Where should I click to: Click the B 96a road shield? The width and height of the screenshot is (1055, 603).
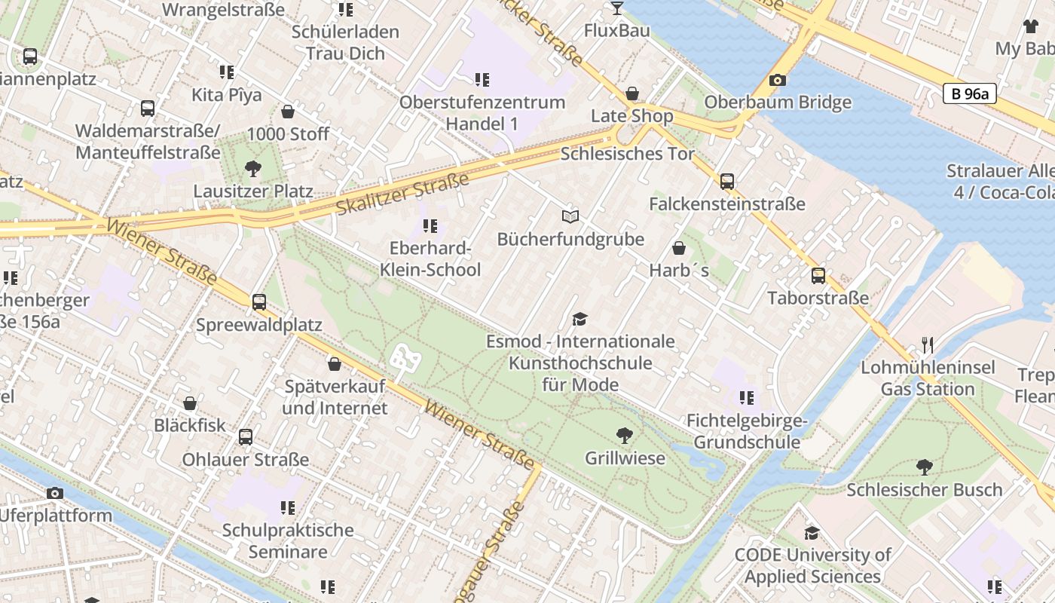(970, 94)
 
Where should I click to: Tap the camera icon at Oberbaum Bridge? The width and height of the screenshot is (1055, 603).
(778, 80)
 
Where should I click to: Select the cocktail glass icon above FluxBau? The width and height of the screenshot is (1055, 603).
(616, 8)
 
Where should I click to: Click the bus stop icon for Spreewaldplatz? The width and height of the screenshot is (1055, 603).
(259, 302)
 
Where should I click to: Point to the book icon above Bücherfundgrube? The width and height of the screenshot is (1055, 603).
(570, 217)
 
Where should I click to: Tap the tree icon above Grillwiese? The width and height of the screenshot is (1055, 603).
(624, 435)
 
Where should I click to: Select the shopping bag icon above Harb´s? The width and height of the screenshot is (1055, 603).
(679, 248)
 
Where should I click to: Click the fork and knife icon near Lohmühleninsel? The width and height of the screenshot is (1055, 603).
(928, 345)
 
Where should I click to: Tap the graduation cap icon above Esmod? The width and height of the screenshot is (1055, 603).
(579, 319)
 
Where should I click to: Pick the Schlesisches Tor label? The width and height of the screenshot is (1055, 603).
(627, 154)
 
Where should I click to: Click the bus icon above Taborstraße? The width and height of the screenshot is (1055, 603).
(818, 276)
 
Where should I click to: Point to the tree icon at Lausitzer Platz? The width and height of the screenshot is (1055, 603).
(252, 168)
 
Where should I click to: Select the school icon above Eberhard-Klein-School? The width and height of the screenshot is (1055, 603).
(430, 225)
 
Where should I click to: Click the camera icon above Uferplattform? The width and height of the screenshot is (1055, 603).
(55, 493)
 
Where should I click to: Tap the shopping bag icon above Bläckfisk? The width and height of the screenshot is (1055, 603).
(190, 403)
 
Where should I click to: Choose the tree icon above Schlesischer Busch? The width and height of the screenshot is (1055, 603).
(924, 467)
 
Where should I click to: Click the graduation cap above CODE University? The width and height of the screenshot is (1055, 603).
(812, 533)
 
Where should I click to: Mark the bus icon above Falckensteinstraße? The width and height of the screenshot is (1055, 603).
(727, 182)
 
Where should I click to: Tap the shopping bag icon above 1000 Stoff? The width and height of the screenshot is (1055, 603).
(288, 112)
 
